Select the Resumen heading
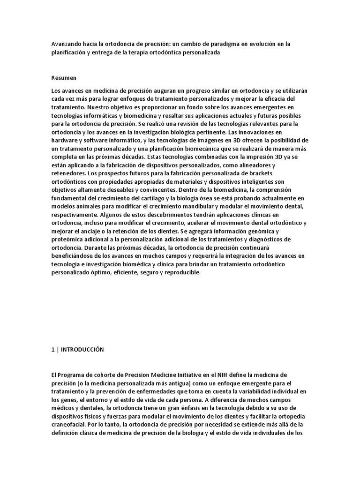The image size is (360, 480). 64,77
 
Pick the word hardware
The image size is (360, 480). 66,141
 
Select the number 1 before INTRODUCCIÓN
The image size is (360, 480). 53,350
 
